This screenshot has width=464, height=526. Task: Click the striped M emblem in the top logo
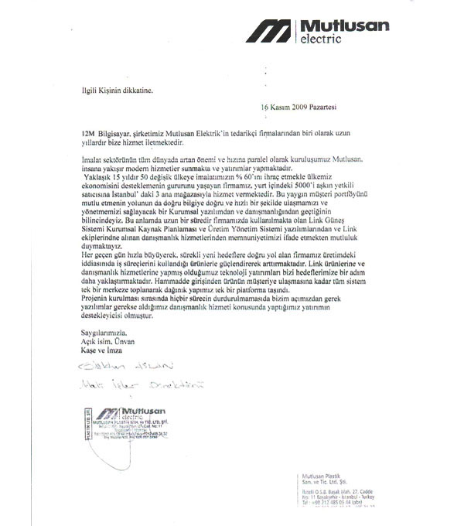coord(268,31)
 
